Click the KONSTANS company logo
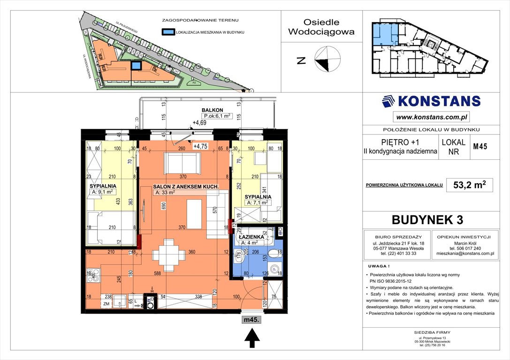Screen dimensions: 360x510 (x=431, y=101)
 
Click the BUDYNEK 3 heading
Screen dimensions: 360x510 (x=430, y=219)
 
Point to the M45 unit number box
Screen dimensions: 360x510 (x=480, y=146)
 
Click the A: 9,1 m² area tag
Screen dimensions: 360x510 (x=103, y=192)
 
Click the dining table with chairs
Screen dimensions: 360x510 (x=168, y=255)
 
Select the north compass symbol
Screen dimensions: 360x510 (x=327, y=60)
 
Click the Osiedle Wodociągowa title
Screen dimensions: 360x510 (x=321, y=27)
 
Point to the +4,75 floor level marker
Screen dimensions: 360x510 (x=200, y=146)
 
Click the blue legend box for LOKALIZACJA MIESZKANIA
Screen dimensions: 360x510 (x=167, y=32)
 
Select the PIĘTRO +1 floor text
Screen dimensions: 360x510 (x=400, y=142)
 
